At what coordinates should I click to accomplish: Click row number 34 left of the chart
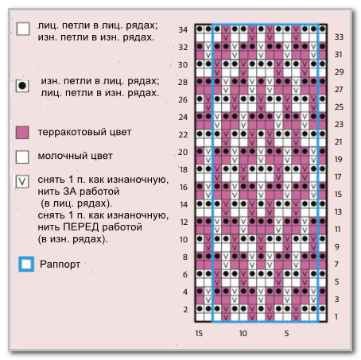(183, 29)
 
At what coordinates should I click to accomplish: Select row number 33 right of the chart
(339, 37)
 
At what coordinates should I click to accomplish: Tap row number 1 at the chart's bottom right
(336, 316)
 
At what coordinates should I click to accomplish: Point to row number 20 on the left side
(183, 152)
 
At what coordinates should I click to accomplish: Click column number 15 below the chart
(199, 333)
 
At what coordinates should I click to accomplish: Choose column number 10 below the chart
(243, 333)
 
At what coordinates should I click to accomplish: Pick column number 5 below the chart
(286, 333)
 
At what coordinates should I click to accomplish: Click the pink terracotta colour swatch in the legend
(22, 133)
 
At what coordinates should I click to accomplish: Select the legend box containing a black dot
(22, 86)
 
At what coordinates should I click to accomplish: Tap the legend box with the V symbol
(22, 181)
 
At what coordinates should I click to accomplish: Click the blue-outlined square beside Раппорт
(26, 264)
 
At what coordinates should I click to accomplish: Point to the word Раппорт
(60, 264)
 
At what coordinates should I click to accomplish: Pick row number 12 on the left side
(184, 222)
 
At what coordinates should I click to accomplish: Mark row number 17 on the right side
(338, 176)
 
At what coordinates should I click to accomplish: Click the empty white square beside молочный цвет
(22, 157)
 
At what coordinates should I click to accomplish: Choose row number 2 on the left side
(185, 309)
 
